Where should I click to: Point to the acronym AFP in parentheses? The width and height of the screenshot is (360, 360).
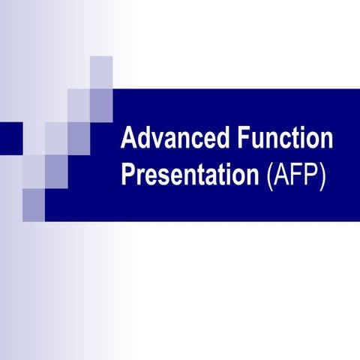(295, 175)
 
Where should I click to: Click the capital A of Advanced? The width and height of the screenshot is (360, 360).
(129, 139)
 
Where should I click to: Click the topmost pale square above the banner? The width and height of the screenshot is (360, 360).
(101, 72)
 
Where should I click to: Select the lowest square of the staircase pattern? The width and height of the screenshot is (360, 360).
(34, 204)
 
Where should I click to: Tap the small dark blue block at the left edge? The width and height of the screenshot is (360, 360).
(10, 138)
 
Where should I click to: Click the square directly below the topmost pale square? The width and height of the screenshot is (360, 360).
(101, 104)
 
